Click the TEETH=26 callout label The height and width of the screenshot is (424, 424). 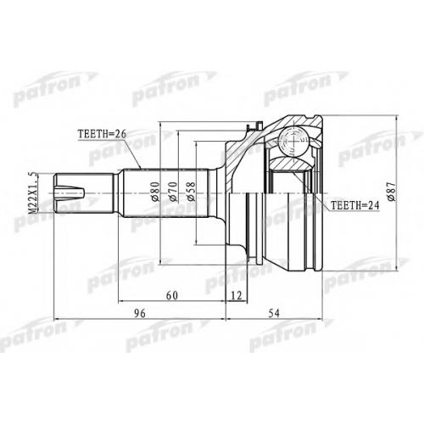102,134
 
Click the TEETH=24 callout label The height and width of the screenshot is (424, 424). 354,205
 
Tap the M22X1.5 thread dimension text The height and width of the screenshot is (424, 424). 33,193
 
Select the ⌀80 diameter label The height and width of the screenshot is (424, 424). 156,192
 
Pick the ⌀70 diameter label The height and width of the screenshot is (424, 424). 173,192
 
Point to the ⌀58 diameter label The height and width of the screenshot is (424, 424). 191,192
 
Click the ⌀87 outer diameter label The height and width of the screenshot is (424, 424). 392,192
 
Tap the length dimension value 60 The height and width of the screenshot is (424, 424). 172,295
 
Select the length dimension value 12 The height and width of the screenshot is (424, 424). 236,295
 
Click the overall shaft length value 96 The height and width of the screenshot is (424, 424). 140,313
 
